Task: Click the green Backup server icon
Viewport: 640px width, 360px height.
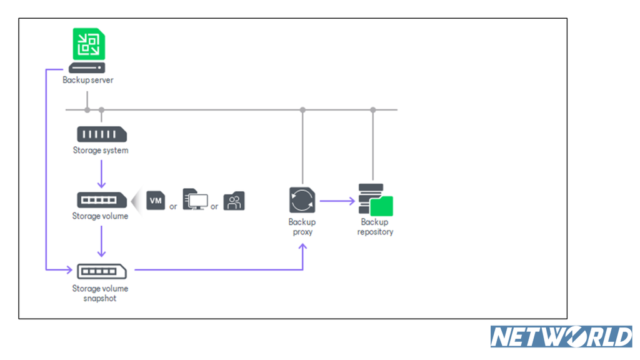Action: (x=89, y=44)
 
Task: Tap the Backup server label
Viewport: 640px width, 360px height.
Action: (x=87, y=80)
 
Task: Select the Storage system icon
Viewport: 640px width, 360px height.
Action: (x=102, y=134)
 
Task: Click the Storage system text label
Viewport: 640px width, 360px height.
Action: (x=101, y=150)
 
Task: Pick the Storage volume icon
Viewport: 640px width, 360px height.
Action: (x=102, y=199)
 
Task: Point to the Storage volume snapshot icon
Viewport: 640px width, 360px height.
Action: (x=102, y=271)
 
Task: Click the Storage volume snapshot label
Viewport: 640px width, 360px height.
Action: (x=100, y=293)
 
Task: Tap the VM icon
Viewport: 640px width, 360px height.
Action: (x=156, y=201)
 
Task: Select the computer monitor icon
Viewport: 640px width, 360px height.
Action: (x=195, y=199)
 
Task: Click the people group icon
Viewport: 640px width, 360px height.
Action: (x=234, y=201)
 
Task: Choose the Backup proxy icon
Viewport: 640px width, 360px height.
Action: (x=302, y=200)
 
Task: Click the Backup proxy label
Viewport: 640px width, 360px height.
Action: (x=302, y=227)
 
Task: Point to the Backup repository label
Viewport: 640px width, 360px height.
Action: (x=375, y=227)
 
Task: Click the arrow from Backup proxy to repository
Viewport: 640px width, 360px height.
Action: (x=337, y=201)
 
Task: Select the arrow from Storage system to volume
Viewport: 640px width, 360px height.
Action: (x=102, y=174)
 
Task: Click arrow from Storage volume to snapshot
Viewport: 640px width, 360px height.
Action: (x=102, y=241)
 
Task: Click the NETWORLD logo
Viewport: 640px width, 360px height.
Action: (x=561, y=337)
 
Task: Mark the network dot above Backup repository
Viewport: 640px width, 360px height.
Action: (x=372, y=110)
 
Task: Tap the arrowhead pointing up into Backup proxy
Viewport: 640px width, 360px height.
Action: (x=302, y=247)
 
